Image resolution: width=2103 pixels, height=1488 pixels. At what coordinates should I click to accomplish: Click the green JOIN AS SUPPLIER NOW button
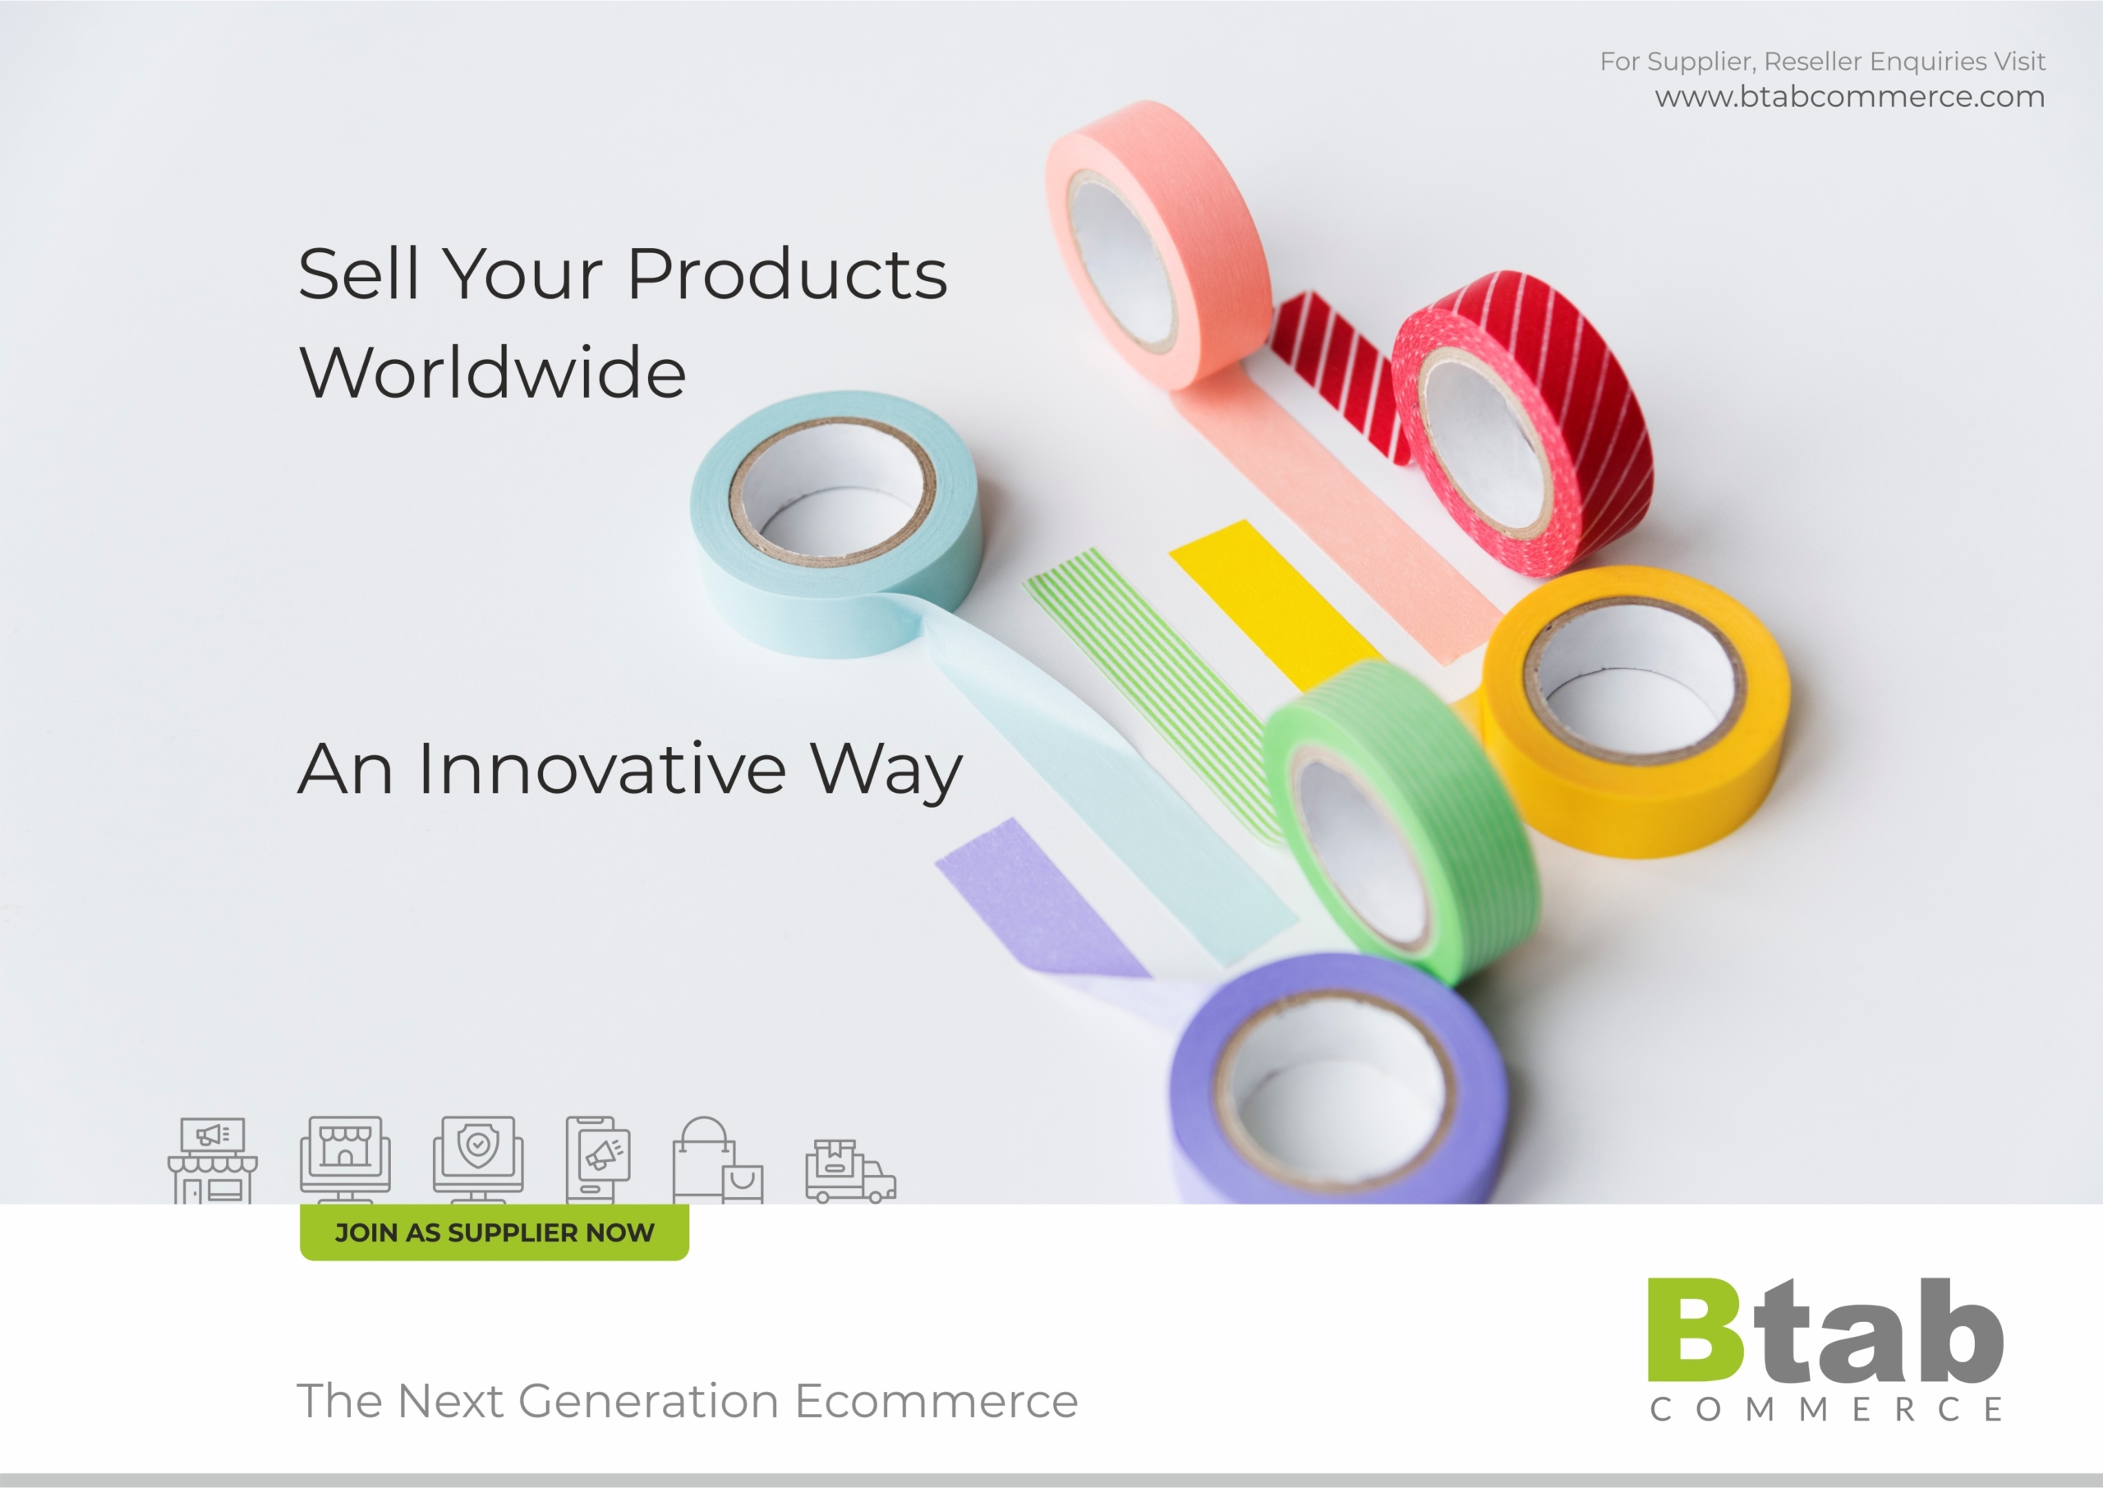[495, 1232]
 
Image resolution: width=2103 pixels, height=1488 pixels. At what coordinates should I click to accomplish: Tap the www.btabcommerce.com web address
[1849, 96]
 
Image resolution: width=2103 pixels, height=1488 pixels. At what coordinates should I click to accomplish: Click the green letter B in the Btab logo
[1696, 1329]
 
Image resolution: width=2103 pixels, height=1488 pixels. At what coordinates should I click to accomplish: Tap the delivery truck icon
[851, 1171]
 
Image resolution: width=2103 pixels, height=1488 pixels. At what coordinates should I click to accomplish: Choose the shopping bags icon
[718, 1160]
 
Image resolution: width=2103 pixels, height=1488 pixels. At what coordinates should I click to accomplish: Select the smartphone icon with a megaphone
[598, 1160]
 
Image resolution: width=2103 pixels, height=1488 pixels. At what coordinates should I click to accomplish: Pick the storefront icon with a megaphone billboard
[213, 1161]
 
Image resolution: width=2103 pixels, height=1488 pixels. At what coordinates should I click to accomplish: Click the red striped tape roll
[1524, 422]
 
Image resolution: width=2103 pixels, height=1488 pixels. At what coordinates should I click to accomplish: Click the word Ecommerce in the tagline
[936, 1401]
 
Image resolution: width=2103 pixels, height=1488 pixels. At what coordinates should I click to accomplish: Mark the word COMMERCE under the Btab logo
[1825, 1408]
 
